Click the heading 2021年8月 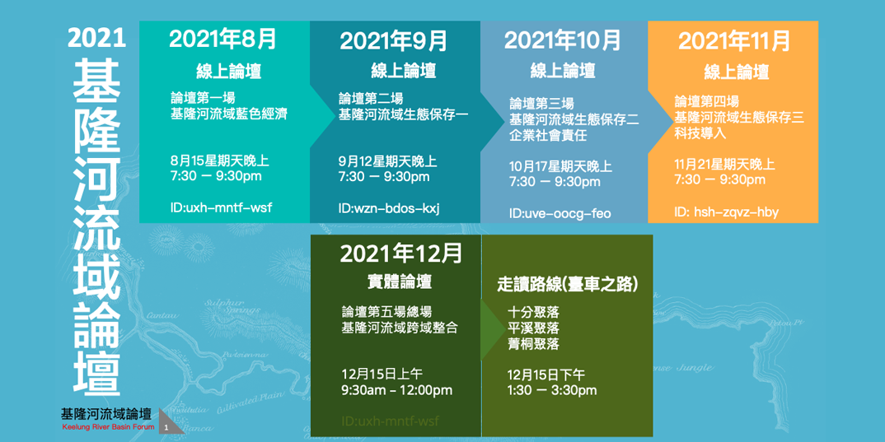click(223, 39)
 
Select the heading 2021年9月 click(394, 40)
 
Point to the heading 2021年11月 click(734, 40)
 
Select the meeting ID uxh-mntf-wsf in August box click(221, 207)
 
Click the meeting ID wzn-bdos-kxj click(389, 207)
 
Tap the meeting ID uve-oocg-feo click(560, 213)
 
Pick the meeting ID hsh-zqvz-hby click(726, 212)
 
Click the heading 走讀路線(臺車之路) click(568, 284)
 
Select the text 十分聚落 click(533, 312)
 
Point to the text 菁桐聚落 click(533, 343)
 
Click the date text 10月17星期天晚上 click(560, 166)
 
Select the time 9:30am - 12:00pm click(396, 390)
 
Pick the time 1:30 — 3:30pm click(551, 390)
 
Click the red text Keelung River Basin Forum click(108, 427)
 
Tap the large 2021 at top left click(96, 38)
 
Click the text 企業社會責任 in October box click(548, 135)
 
